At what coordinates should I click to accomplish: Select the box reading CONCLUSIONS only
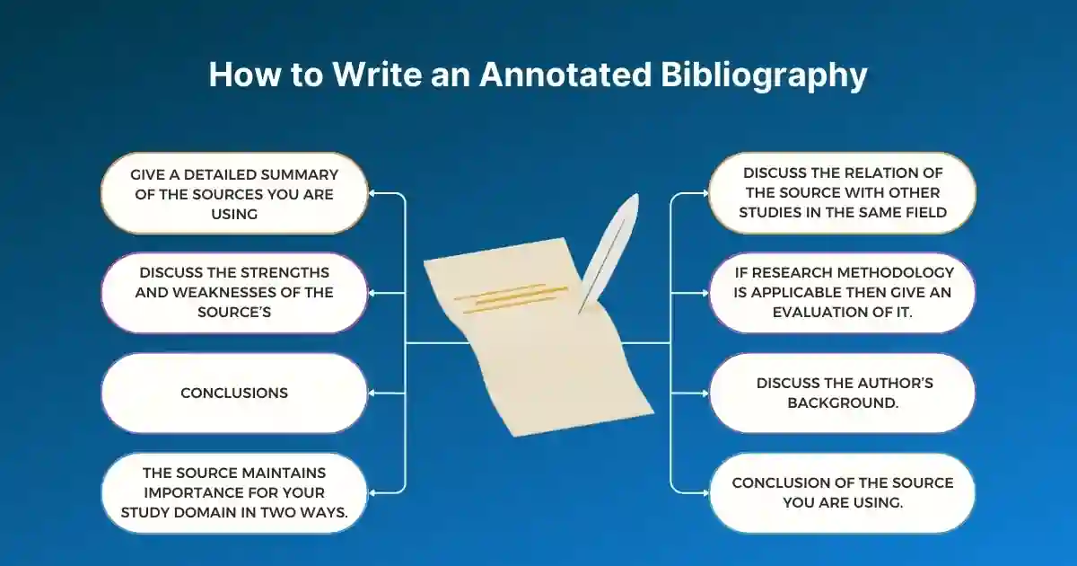234,393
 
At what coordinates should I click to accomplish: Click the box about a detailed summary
234,193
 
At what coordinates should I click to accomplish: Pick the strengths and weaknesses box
234,292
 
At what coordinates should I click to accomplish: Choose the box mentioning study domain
234,492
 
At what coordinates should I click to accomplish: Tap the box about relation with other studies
842,193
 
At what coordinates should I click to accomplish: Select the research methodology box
842,292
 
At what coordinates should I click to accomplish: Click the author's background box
842,393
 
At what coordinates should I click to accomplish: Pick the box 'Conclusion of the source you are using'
842,492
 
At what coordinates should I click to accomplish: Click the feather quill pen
609,247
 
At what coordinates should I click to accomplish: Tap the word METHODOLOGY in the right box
899,272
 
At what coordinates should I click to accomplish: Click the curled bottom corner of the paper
642,409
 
